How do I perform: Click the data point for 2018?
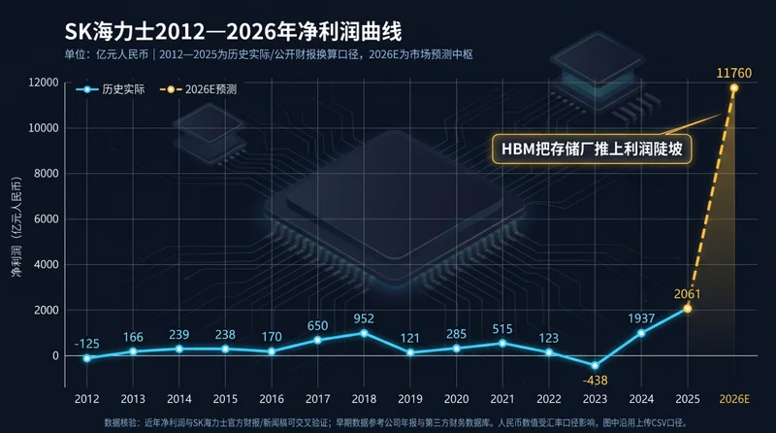click(x=364, y=333)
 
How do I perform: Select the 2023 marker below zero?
click(x=595, y=366)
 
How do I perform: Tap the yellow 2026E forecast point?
click(x=734, y=87)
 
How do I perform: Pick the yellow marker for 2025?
click(x=688, y=309)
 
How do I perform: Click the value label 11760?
click(x=734, y=74)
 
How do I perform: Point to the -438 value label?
click(x=595, y=381)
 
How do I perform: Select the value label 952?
click(x=364, y=318)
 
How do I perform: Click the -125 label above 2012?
click(x=86, y=344)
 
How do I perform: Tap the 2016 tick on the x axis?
click(x=272, y=399)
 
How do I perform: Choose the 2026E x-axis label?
click(x=734, y=399)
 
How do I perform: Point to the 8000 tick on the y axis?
click(x=46, y=174)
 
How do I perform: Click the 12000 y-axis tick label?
click(x=44, y=83)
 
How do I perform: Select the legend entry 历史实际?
click(x=110, y=89)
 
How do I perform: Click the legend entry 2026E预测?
click(x=198, y=89)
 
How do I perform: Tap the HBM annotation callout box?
click(x=592, y=149)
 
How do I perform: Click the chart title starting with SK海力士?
click(x=233, y=32)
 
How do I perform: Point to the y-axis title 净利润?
click(x=16, y=226)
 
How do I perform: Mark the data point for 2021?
click(x=502, y=344)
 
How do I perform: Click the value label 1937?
click(x=641, y=318)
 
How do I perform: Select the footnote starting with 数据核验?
click(x=396, y=422)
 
